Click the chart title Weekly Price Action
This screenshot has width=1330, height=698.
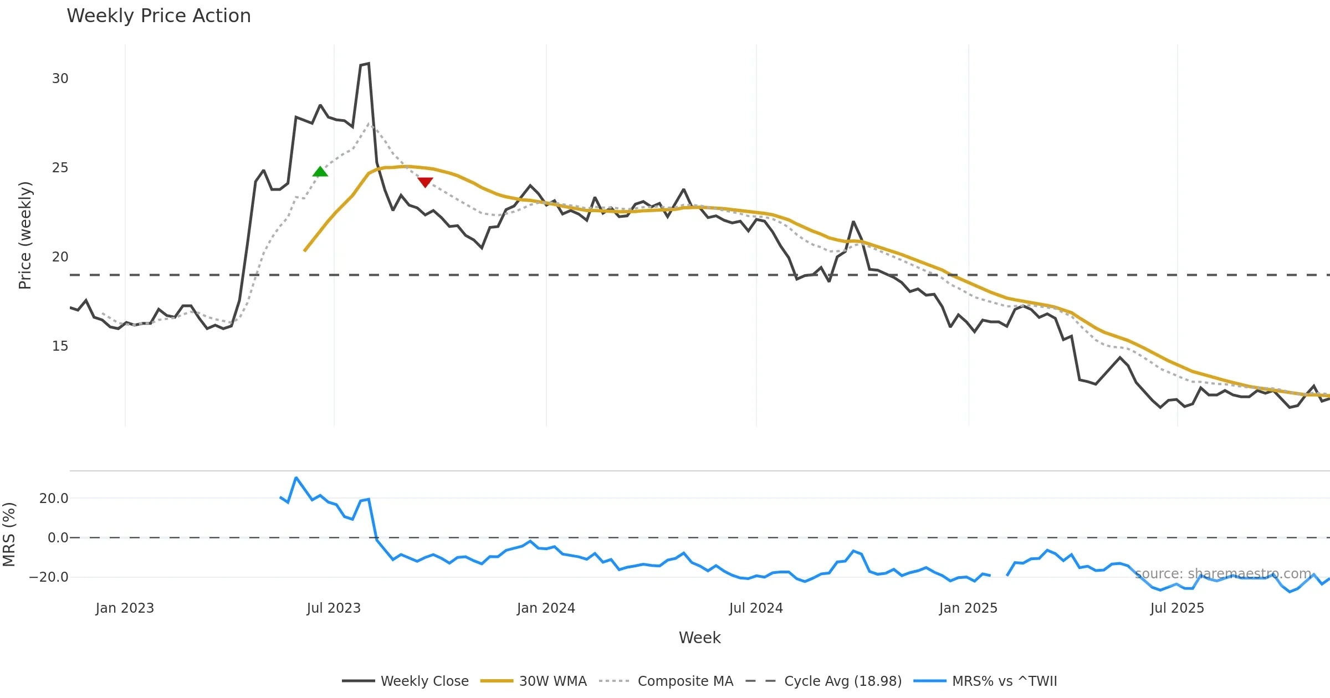click(158, 16)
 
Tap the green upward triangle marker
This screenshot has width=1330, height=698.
click(320, 172)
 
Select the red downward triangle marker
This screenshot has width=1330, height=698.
click(425, 182)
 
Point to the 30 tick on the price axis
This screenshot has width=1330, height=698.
click(60, 79)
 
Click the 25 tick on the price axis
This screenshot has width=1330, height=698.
click(60, 168)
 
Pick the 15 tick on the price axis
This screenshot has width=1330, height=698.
click(60, 346)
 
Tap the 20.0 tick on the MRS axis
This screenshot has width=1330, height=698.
click(54, 499)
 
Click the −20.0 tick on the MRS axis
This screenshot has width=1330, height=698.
click(49, 577)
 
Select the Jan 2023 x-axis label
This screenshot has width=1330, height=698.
click(125, 608)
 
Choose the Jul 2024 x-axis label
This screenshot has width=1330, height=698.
click(756, 608)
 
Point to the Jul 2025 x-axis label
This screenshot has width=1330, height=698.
click(1177, 608)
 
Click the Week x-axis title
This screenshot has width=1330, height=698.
click(699, 638)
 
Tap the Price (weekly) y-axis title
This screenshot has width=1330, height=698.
click(25, 235)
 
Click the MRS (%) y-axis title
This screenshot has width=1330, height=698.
click(9, 535)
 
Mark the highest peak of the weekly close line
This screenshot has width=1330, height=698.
click(369, 64)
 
